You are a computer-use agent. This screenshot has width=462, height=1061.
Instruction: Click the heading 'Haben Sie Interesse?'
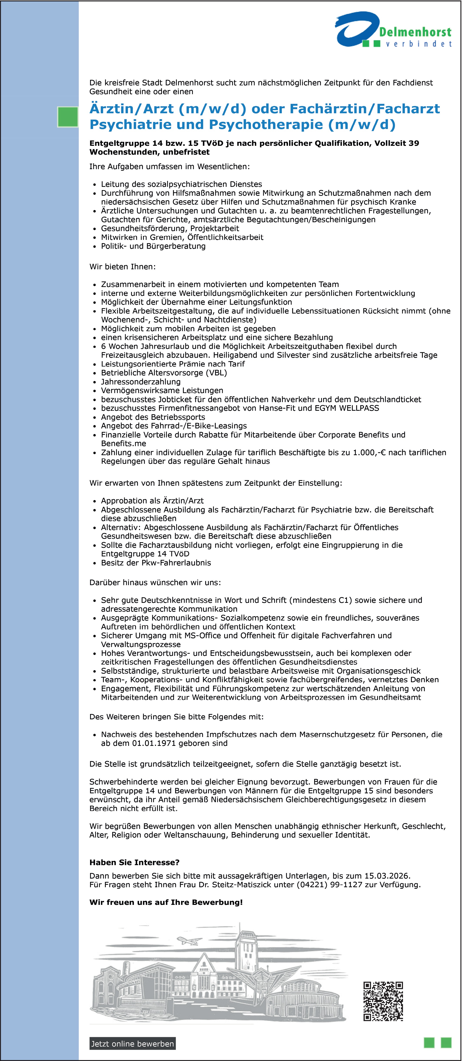pyautogui.click(x=134, y=863)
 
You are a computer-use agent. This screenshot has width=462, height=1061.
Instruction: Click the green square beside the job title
pyautogui.click(x=67, y=116)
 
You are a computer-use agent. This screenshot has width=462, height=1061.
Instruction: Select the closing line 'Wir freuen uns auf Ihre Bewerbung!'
pyautogui.click(x=166, y=902)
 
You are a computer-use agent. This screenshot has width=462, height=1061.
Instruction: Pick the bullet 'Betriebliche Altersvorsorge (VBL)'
pyautogui.click(x=164, y=373)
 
